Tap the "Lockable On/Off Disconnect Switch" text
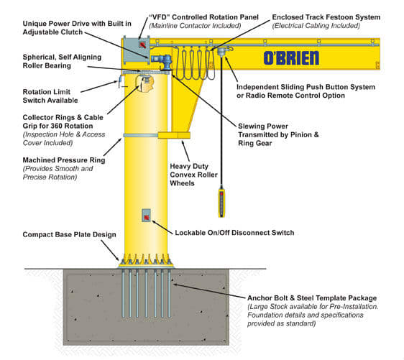234,232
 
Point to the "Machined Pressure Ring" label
63,160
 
